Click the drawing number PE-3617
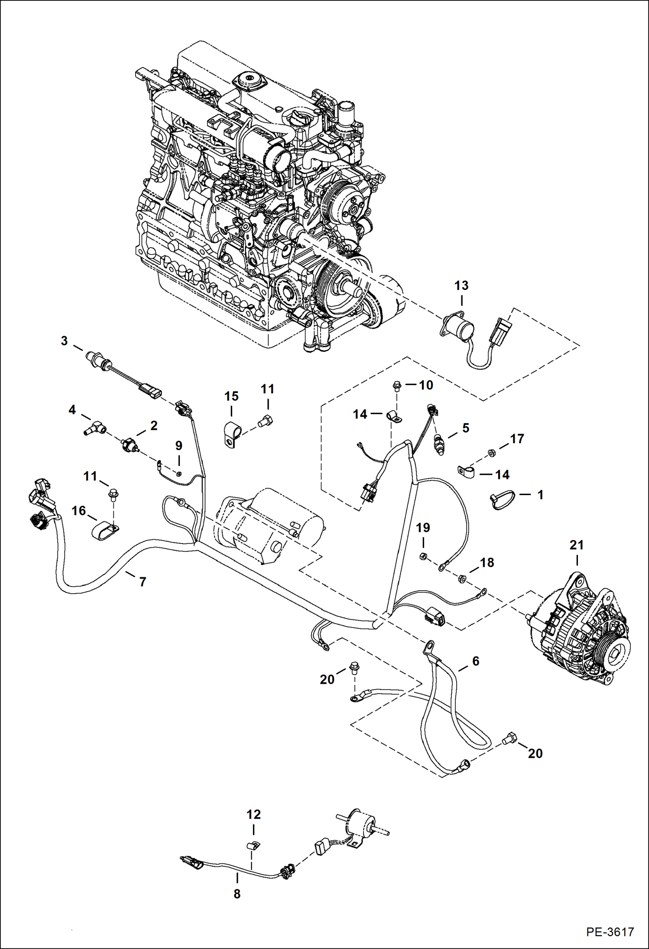click(610, 932)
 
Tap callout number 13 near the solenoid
click(461, 286)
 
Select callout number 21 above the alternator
click(576, 545)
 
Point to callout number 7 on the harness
click(143, 582)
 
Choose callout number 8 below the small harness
click(237, 894)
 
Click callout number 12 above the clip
click(253, 814)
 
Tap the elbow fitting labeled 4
click(95, 428)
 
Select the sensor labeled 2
click(129, 445)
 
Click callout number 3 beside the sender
click(64, 341)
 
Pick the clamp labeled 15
click(231, 434)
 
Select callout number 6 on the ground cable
click(476, 661)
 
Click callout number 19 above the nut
click(423, 528)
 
